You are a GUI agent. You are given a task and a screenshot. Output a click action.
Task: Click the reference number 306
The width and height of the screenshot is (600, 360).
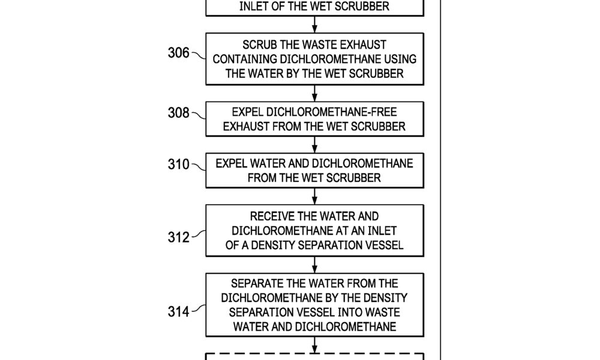click(x=179, y=53)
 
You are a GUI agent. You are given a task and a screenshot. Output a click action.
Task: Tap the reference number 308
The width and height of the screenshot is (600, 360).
click(x=179, y=113)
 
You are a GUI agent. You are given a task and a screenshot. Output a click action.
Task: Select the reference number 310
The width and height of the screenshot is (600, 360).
click(x=179, y=164)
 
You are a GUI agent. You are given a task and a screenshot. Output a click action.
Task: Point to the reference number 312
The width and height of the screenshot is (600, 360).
click(x=179, y=237)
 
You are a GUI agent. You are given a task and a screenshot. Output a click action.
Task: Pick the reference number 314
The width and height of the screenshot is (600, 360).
click(x=179, y=311)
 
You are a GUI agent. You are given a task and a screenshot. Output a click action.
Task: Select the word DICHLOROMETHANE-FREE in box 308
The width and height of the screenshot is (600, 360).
click(x=331, y=112)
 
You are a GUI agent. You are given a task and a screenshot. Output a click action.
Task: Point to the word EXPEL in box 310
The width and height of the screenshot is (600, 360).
click(x=231, y=164)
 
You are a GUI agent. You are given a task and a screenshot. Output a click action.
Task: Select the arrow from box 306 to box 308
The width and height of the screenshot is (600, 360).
click(x=314, y=94)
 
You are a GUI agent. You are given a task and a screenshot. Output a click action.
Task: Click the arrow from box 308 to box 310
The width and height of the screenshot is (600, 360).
click(x=314, y=145)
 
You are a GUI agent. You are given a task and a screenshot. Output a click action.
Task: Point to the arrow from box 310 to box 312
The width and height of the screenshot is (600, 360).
click(x=314, y=196)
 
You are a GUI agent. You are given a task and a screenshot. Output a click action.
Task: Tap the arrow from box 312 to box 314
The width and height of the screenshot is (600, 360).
click(x=314, y=265)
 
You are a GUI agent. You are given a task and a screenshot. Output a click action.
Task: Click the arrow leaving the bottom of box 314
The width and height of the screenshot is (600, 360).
click(x=314, y=345)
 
